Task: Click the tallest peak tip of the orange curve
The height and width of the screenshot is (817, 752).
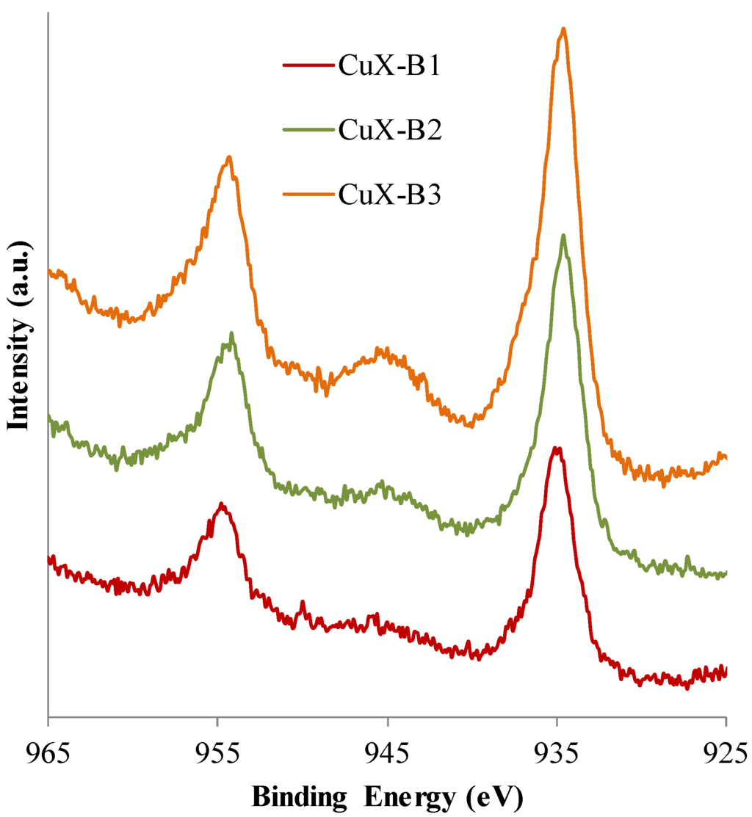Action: point(563,29)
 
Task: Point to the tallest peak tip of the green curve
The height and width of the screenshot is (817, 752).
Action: point(563,235)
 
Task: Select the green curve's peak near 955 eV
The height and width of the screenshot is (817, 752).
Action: point(231,333)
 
